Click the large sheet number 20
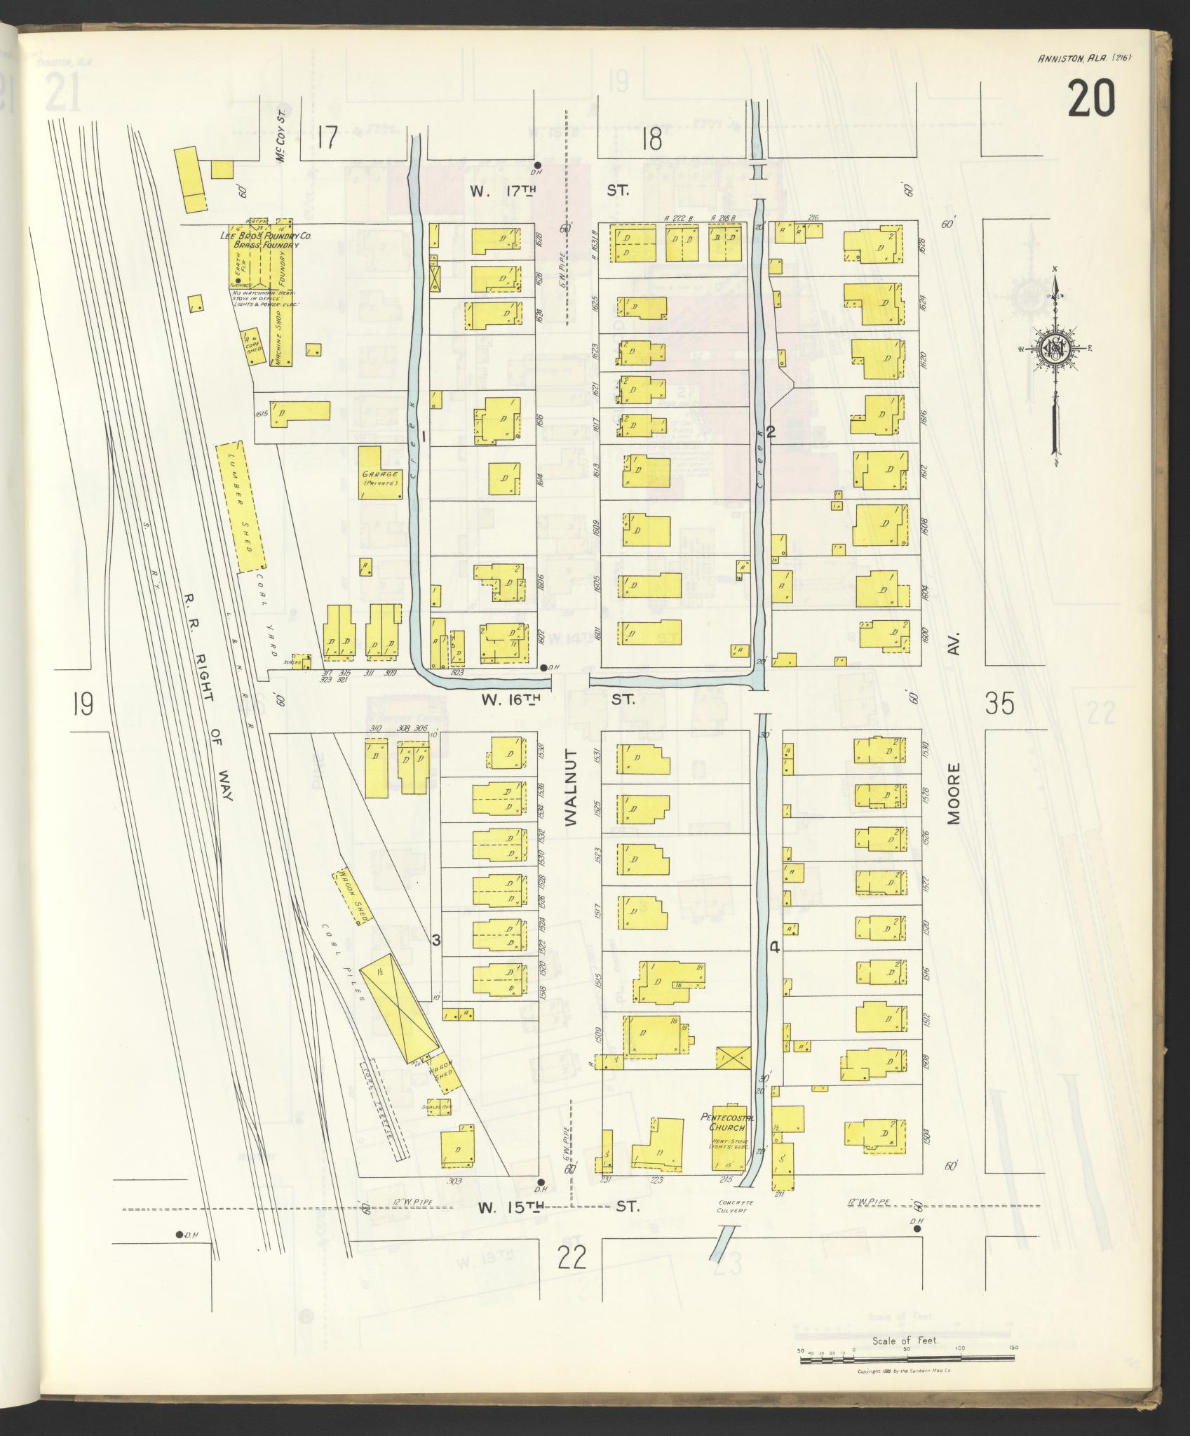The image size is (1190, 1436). click(x=1091, y=100)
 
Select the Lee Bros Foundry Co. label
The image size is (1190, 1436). click(x=264, y=237)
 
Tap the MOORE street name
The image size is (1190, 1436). click(x=954, y=793)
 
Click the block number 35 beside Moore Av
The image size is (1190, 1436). click(x=999, y=703)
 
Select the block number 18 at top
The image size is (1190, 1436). click(x=651, y=139)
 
